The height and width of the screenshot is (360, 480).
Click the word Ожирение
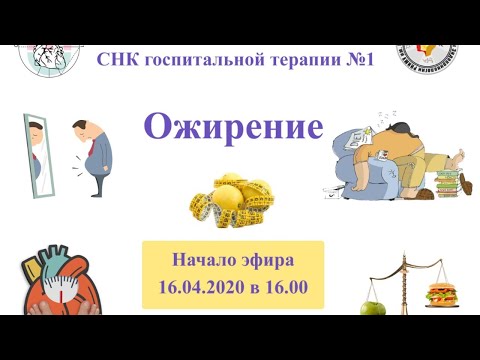234,126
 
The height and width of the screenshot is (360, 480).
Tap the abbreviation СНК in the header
119,60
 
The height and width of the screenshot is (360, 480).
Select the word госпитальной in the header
209,60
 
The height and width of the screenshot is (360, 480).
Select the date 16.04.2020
198,288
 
